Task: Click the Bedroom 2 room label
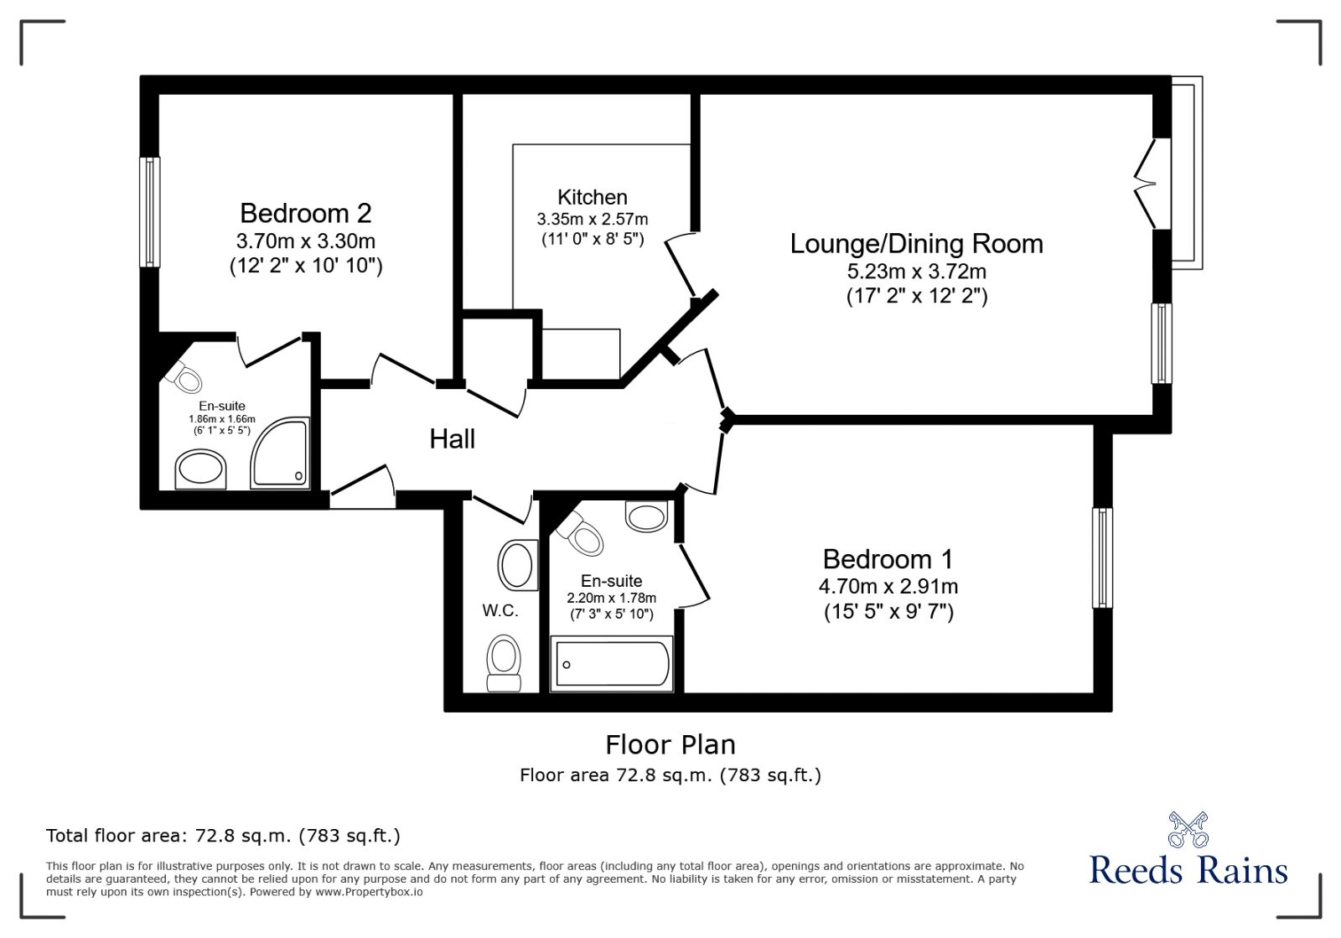(x=305, y=213)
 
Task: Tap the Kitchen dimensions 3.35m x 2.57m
(x=592, y=220)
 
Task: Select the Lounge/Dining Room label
(x=916, y=244)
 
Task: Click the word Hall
(x=452, y=438)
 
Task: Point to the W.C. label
(x=500, y=611)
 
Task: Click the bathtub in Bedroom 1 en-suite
(x=612, y=665)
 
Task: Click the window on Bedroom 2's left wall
(x=150, y=212)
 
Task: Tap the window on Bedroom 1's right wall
(x=1102, y=557)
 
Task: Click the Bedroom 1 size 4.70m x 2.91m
(x=888, y=587)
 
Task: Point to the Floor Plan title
(x=670, y=744)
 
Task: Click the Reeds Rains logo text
(x=1188, y=870)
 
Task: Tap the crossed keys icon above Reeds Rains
(x=1188, y=829)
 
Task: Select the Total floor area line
(x=223, y=836)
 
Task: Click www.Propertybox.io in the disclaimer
(x=369, y=893)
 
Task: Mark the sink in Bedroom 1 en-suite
(x=646, y=516)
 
